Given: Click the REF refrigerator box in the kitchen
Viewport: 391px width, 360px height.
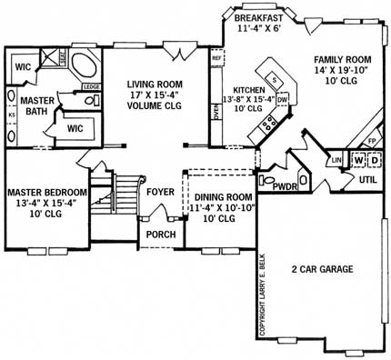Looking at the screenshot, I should (x=216, y=58).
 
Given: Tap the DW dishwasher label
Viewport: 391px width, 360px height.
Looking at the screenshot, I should (x=283, y=98).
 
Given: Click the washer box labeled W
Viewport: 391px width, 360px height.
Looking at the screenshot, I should (x=359, y=161).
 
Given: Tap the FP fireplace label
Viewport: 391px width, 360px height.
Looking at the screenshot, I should (x=371, y=141).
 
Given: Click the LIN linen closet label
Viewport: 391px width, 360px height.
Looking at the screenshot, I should (x=336, y=161).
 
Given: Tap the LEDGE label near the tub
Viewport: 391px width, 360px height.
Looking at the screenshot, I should (x=90, y=86).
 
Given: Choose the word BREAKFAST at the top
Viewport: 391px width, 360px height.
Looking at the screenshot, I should (x=259, y=17).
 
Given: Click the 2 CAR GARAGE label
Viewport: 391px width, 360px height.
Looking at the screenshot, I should (x=321, y=269).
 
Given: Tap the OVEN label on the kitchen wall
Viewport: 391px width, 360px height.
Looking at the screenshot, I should (x=216, y=112).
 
